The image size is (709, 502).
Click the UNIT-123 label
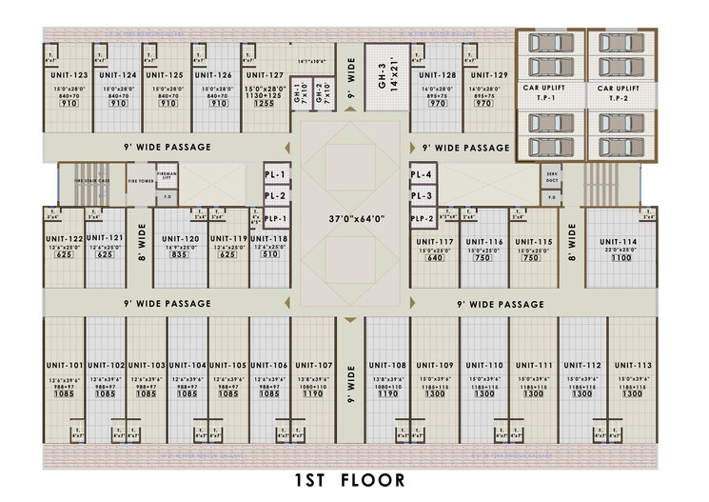coord(67,74)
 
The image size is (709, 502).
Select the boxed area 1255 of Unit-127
coord(263,104)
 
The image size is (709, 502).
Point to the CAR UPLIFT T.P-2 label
coord(619,92)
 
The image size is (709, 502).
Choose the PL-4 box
coord(421,175)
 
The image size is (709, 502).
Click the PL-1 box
coord(275,218)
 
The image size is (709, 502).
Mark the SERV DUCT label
coord(552,177)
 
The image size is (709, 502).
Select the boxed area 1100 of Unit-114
coord(620,258)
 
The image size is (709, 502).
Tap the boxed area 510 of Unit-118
coord(269,255)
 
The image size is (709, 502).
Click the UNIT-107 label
coord(313,366)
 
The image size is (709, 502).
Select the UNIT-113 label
coord(632,366)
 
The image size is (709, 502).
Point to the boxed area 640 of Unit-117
coord(435,258)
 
